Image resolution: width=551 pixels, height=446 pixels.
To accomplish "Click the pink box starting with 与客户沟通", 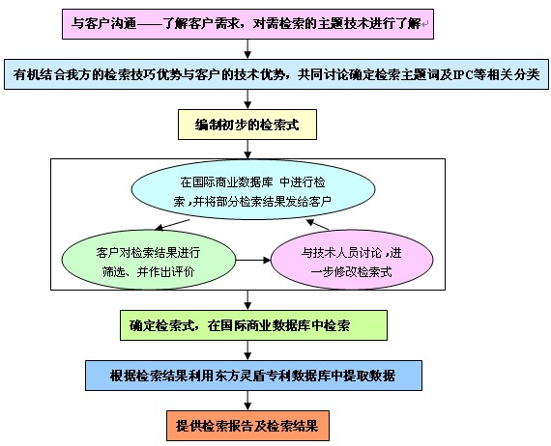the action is pyautogui.click(x=247, y=24).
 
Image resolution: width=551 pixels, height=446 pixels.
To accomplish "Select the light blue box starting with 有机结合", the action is pyautogui.click(x=276, y=74).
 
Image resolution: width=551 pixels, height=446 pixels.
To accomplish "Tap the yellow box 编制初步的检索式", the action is pyautogui.click(x=247, y=125).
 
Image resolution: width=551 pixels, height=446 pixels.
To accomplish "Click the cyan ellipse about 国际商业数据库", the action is pyautogui.click(x=253, y=190).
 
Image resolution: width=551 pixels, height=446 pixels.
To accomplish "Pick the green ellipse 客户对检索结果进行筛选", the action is pyautogui.click(x=149, y=260).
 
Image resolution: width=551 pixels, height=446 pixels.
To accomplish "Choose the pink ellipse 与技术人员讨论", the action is pyautogui.click(x=352, y=260).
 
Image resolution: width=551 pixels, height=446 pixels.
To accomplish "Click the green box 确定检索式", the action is pyautogui.click(x=253, y=325).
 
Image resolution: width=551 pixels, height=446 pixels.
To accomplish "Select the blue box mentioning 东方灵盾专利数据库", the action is pyautogui.click(x=253, y=376).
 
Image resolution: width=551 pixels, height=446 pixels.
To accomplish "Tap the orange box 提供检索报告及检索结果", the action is pyautogui.click(x=247, y=426).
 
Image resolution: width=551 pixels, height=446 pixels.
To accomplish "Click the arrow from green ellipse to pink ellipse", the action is pyautogui.click(x=253, y=260).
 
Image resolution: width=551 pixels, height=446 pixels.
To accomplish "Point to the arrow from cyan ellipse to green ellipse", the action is pyautogui.click(x=172, y=225).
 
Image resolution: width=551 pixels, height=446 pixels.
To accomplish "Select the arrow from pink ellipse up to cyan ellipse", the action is pyautogui.click(x=317, y=225).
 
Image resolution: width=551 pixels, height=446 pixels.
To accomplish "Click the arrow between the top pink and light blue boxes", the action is pyautogui.click(x=247, y=49).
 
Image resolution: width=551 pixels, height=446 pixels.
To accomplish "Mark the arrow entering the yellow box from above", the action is pyautogui.click(x=247, y=99).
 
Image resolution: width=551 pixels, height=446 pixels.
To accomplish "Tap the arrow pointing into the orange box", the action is pyautogui.click(x=247, y=401).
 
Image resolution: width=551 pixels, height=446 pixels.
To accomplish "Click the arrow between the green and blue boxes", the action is pyautogui.click(x=247, y=350).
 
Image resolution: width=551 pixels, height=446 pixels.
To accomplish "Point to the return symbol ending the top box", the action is pyautogui.click(x=424, y=24).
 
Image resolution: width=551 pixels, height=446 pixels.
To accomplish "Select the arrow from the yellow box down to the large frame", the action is pyautogui.click(x=247, y=149).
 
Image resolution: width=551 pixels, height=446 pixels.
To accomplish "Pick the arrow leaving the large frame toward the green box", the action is pyautogui.click(x=247, y=300).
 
